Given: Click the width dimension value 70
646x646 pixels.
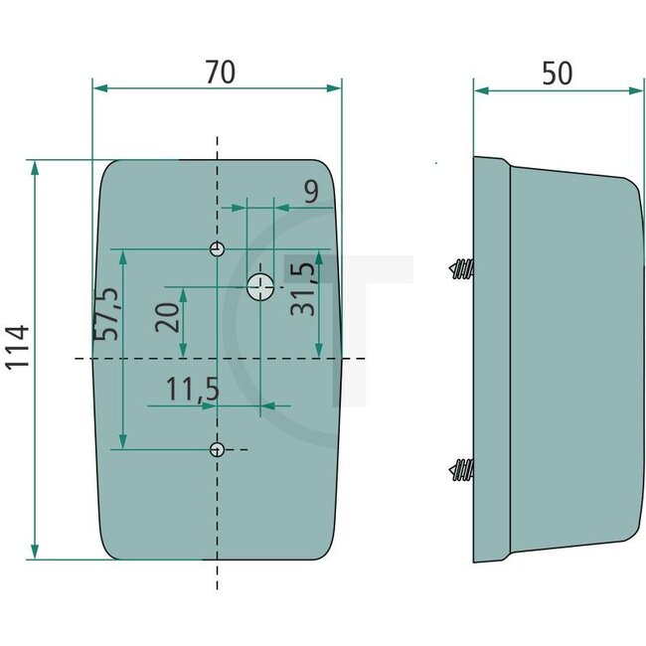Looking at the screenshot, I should [220, 73].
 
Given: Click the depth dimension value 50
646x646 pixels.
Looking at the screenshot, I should [558, 73].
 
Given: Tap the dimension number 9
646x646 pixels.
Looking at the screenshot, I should [311, 192].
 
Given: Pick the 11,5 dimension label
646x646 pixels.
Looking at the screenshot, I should [192, 390].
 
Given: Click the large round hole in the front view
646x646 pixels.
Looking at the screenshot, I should [260, 286].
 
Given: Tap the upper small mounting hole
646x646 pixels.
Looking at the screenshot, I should [218, 247].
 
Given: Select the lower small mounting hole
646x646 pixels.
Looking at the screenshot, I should [218, 449].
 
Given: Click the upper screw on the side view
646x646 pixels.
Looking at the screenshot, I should [461, 268].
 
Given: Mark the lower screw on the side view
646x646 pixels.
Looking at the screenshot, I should [461, 468].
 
